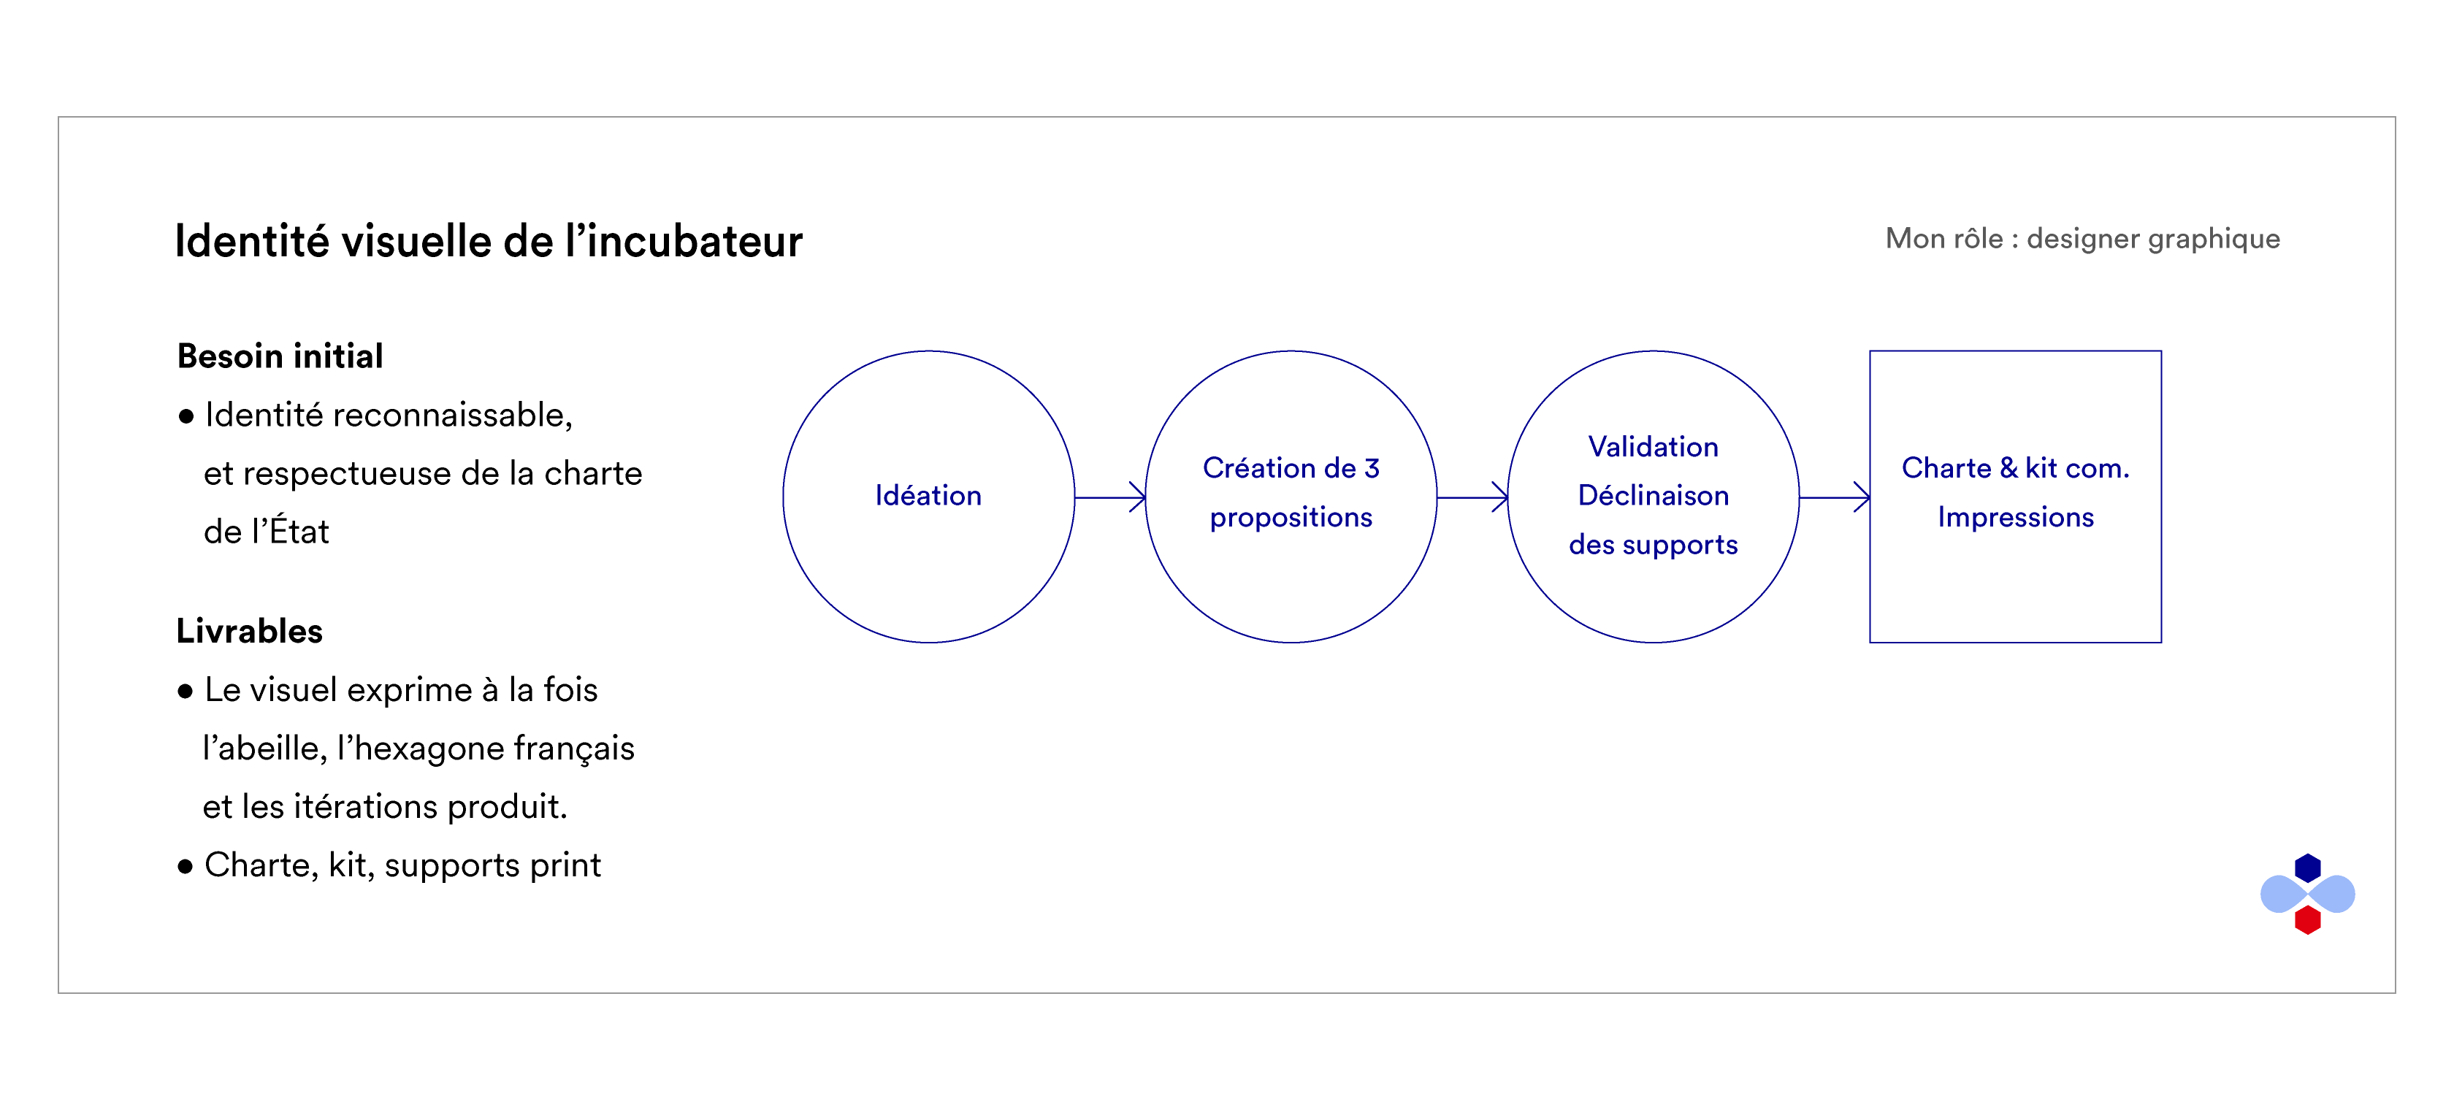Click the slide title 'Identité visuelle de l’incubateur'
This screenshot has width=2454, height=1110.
pyautogui.click(x=489, y=241)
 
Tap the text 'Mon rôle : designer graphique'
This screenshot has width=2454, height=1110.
pyautogui.click(x=2082, y=239)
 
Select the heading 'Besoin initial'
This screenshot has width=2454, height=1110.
pyautogui.click(x=280, y=356)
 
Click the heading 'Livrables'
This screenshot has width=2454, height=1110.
pyautogui.click(x=250, y=631)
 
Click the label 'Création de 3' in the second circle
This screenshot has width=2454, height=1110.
pyautogui.click(x=1291, y=468)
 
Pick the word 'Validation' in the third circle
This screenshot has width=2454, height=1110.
pyautogui.click(x=1653, y=447)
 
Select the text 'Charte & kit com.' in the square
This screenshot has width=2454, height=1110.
pyautogui.click(x=2015, y=468)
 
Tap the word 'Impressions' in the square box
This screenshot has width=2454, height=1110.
pyautogui.click(x=2015, y=517)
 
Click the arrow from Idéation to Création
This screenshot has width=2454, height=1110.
pyautogui.click(x=1110, y=497)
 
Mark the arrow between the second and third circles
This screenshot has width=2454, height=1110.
pyautogui.click(x=1472, y=497)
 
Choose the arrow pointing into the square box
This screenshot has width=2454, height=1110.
pyautogui.click(x=1834, y=497)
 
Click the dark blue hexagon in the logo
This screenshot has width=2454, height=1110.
pyautogui.click(x=2307, y=868)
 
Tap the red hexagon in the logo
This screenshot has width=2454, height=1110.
pyautogui.click(x=2307, y=919)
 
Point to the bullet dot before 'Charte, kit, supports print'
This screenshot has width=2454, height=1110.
pyautogui.click(x=186, y=866)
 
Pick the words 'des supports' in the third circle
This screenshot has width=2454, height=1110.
pyautogui.click(x=1653, y=545)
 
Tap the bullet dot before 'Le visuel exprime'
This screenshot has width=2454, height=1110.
pyautogui.click(x=186, y=691)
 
